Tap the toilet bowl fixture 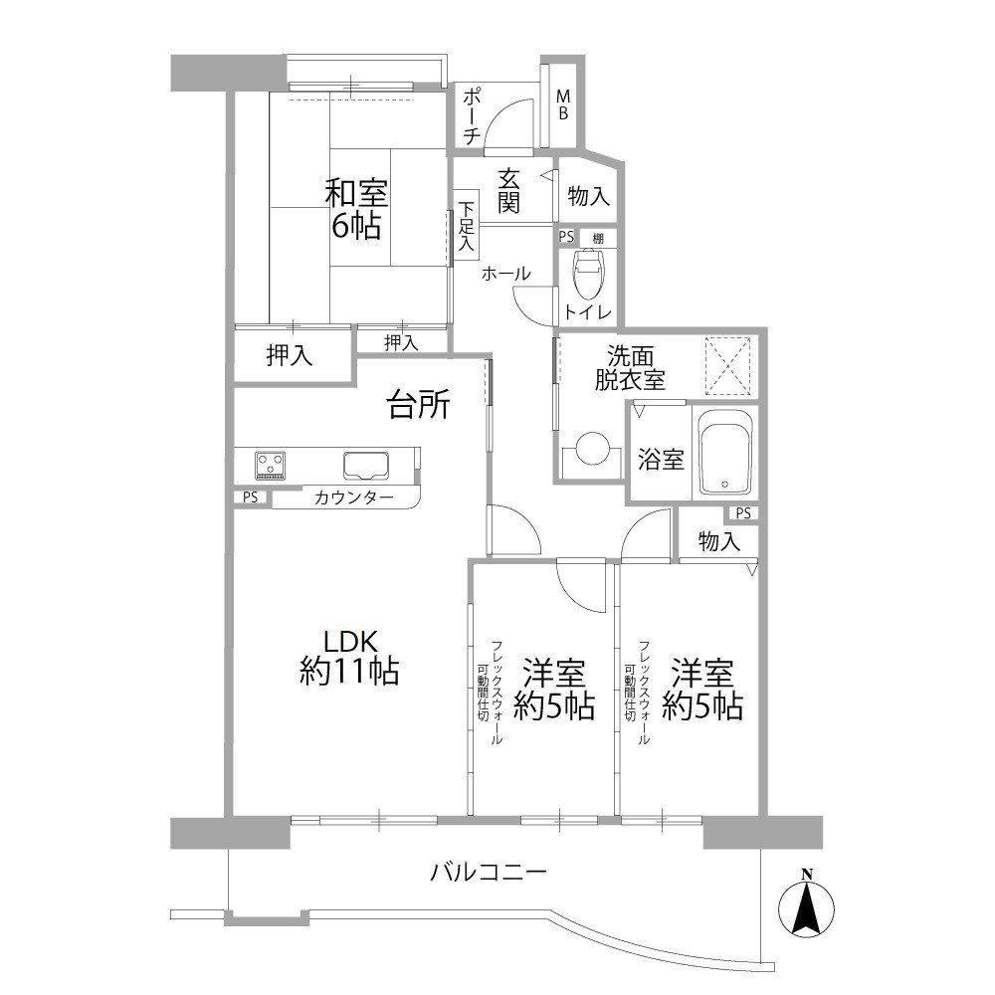click(x=588, y=273)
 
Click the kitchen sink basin click(x=366, y=466)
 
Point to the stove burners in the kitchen click(x=271, y=465)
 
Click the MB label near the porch click(x=563, y=105)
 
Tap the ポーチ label click(x=472, y=116)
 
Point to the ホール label click(x=505, y=275)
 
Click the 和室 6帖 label click(x=356, y=209)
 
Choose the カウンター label click(x=354, y=497)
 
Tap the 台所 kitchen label click(x=419, y=405)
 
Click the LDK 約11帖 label click(x=349, y=658)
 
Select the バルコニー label click(x=488, y=873)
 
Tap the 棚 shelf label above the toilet click(x=598, y=239)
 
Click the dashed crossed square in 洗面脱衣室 click(x=728, y=366)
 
